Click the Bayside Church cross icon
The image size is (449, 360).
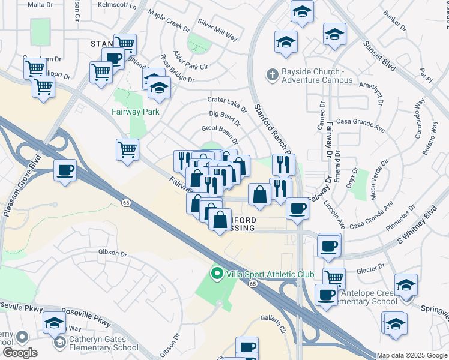click(x=272, y=75)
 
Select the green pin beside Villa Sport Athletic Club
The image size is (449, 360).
click(x=217, y=274)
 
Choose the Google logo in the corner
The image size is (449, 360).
click(x=20, y=353)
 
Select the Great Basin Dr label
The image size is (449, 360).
click(x=220, y=128)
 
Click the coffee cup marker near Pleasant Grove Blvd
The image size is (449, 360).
click(x=65, y=170)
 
